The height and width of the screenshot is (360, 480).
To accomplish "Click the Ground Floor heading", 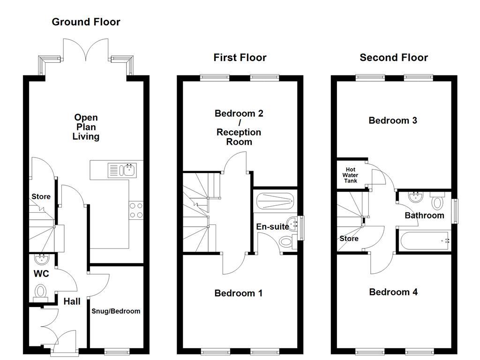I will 86,22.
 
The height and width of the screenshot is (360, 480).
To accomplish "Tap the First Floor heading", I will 240,58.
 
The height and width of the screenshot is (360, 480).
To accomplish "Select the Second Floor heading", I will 394,58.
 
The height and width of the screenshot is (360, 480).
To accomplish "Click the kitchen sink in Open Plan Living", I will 121,169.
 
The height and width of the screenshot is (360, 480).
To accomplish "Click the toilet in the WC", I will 41,292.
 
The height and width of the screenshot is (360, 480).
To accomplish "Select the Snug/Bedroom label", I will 116,311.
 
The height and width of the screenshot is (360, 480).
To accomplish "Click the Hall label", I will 72,302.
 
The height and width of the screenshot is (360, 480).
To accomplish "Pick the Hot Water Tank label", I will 351,175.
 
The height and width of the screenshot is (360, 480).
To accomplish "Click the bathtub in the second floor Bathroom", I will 424,240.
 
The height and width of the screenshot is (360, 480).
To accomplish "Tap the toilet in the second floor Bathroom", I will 437,201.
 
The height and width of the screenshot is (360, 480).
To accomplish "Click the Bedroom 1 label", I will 238,293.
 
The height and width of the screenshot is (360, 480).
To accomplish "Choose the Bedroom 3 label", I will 393,120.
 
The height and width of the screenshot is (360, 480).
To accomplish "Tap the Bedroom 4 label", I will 393,292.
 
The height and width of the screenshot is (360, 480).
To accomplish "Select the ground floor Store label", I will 41,197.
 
